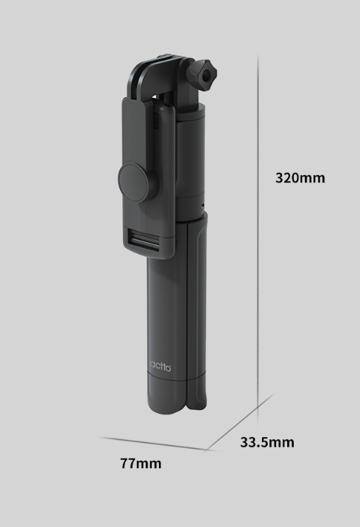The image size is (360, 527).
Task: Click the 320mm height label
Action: point(300,178)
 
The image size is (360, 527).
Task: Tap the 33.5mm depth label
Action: point(267,442)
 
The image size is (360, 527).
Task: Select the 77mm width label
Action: point(141,464)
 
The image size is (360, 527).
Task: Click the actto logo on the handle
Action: point(160,366)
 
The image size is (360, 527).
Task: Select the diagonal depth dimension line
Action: point(240,421)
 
